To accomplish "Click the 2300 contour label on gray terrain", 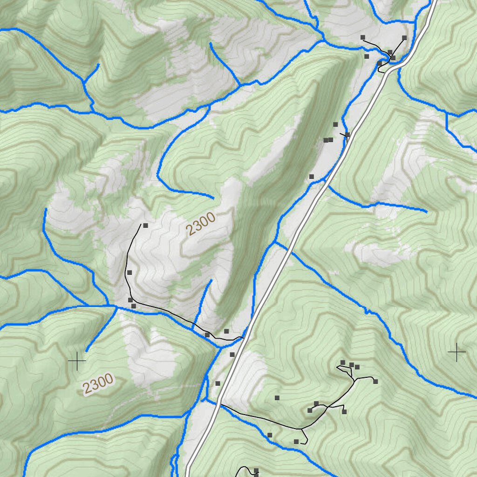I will pyautogui.click(x=200, y=224).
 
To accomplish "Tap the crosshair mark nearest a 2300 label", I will pyautogui.click(x=77, y=361).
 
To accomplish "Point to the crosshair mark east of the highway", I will pyautogui.click(x=457, y=352).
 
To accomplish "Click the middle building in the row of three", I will pyautogui.click(x=352, y=365).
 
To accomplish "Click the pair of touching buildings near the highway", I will pyautogui.click(x=328, y=140).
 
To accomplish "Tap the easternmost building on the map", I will pyautogui.click(x=404, y=38).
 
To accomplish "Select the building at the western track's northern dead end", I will pyautogui.click(x=145, y=225).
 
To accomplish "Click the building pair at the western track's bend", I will pyautogui.click(x=132, y=303).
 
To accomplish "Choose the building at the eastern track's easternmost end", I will pyautogui.click(x=375, y=382).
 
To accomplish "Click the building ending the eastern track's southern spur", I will pyautogui.click(x=296, y=441).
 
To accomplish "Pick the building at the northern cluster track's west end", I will pyautogui.click(x=362, y=37).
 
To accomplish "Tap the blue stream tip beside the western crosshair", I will pyautogui.click(x=87, y=350).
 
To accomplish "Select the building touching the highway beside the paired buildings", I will pyautogui.click(x=347, y=135).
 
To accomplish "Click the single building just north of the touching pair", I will pyautogui.click(x=335, y=124).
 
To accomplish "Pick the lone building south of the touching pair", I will pyautogui.click(x=311, y=177).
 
